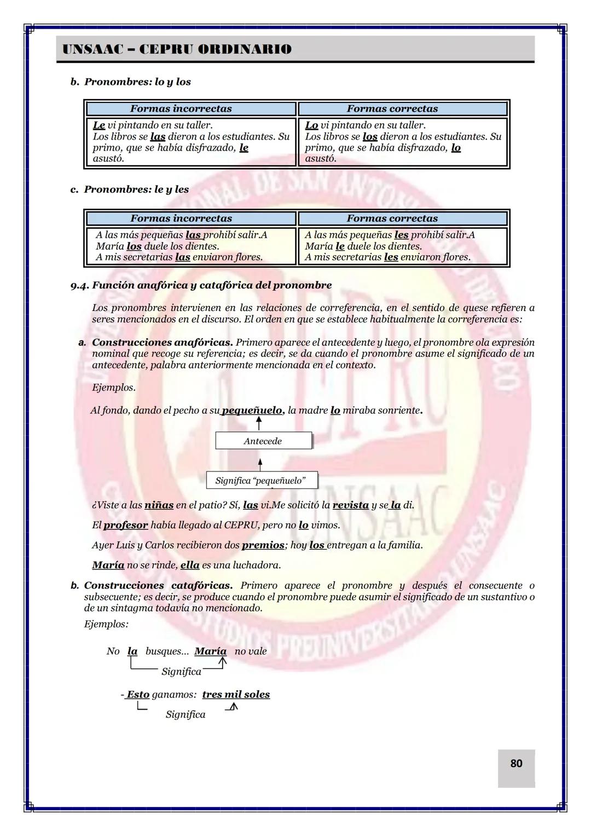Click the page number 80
click(516, 763)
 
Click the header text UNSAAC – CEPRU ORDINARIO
click(177, 49)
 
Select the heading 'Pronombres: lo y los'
click(137, 82)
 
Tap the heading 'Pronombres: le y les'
click(136, 189)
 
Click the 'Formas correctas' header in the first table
click(392, 109)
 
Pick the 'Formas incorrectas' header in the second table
click(181, 218)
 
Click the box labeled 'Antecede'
click(263, 441)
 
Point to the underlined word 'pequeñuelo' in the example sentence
click(252, 410)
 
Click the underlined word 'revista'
click(350, 505)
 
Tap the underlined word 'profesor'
click(126, 525)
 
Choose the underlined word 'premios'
click(263, 545)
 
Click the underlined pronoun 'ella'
click(190, 565)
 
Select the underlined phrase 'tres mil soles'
click(236, 694)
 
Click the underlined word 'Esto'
click(138, 694)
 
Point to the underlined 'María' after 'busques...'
click(210, 651)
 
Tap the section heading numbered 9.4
click(201, 285)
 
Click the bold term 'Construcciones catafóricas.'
click(159, 585)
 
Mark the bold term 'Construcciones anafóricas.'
click(163, 342)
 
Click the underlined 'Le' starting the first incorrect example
click(99, 125)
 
